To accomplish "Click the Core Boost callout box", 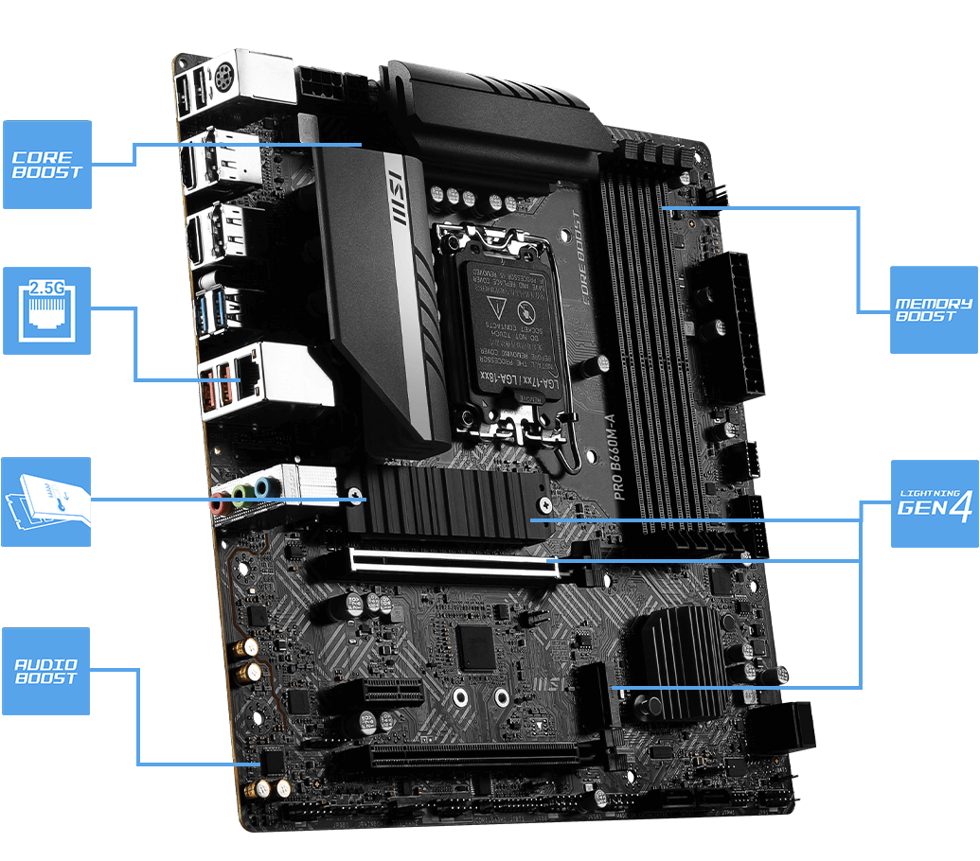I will pos(47,164).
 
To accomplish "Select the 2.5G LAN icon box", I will pos(46,310).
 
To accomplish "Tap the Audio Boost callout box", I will pos(45,671).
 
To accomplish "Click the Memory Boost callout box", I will pos(934,310).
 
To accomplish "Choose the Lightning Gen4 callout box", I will pos(935,503).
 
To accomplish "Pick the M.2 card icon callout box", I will pos(45,501).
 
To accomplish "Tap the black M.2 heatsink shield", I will pos(445,502).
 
